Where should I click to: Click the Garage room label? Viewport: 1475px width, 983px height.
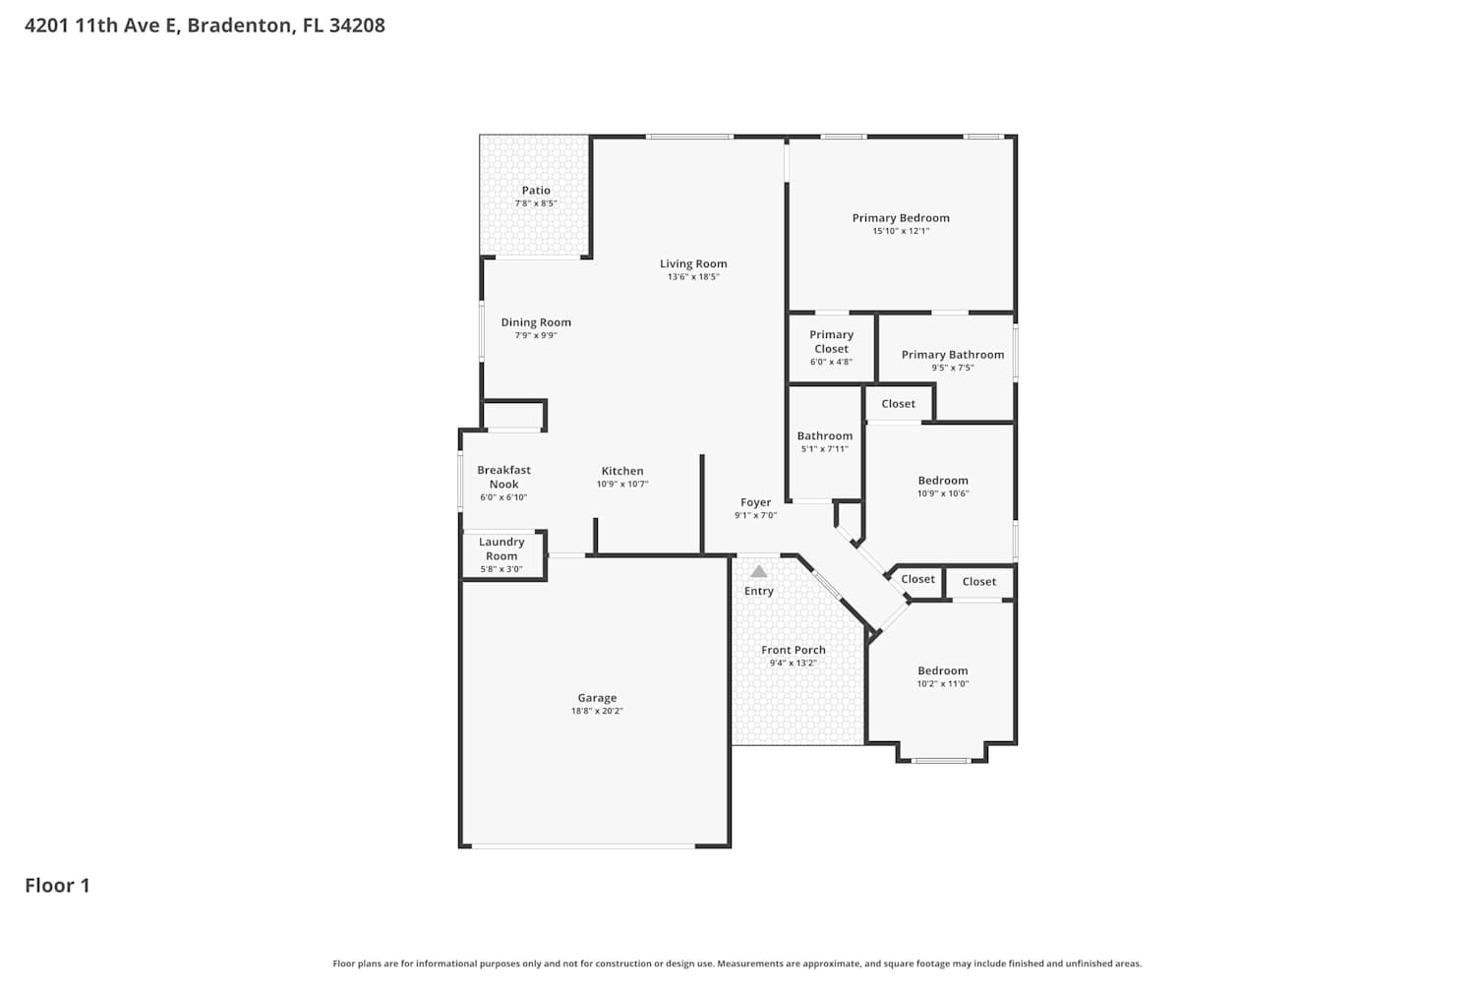coord(597,698)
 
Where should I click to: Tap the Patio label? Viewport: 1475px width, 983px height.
coord(536,191)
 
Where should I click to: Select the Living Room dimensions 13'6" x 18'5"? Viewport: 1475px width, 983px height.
coord(693,276)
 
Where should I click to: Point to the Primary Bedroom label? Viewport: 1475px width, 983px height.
coord(901,218)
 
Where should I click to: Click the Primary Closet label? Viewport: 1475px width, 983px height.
coord(832,342)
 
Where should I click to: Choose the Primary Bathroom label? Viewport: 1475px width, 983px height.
coord(953,355)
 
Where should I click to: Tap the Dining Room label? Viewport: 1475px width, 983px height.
coord(536,322)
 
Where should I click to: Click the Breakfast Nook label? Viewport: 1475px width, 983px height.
coord(503,478)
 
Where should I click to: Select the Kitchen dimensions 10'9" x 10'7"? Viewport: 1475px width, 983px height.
coord(622,484)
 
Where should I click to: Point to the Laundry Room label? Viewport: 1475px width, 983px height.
coord(501,549)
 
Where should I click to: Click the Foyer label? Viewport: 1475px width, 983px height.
coord(755,502)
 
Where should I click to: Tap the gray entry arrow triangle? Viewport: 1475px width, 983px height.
coord(758,571)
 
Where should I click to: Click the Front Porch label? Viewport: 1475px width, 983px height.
coord(794,650)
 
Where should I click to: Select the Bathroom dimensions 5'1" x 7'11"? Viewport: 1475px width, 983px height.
coord(825,449)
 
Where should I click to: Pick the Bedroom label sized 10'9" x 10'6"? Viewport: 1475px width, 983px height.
coord(943,481)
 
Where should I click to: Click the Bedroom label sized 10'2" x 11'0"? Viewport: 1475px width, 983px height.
coord(943,671)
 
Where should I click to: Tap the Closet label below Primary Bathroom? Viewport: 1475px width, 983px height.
coord(898,404)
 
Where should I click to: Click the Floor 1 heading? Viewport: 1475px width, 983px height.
coord(57,886)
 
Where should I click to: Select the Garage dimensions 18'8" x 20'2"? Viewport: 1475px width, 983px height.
coord(597,711)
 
